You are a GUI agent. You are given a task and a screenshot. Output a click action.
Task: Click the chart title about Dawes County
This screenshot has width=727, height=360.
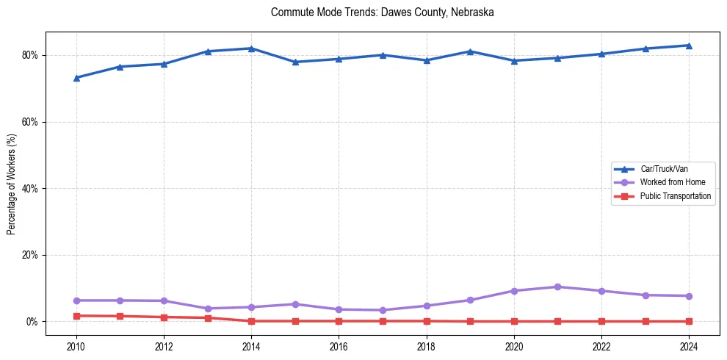pyautogui.click(x=382, y=12)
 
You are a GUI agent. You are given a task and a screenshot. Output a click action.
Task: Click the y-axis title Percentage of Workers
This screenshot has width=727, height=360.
pyautogui.click(x=12, y=184)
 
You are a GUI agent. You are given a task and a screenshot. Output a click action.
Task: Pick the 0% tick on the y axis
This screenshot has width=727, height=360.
pyautogui.click(x=32, y=322)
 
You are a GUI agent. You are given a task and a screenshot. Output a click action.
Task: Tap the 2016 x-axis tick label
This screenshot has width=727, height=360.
pyautogui.click(x=339, y=345)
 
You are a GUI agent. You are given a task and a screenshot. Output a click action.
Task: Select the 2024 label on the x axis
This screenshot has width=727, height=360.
pyautogui.click(x=689, y=345)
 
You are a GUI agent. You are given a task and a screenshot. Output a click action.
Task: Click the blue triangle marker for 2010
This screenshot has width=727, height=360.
pyautogui.click(x=76, y=78)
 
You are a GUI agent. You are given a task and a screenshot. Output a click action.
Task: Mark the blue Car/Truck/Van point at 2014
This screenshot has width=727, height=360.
pyautogui.click(x=251, y=48)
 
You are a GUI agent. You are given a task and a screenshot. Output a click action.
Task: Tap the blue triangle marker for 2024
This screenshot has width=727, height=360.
pyautogui.click(x=689, y=46)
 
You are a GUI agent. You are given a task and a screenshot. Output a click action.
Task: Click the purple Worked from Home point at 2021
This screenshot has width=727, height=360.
pyautogui.click(x=557, y=287)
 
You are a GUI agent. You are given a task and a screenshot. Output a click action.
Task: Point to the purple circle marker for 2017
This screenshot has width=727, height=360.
pyautogui.click(x=383, y=310)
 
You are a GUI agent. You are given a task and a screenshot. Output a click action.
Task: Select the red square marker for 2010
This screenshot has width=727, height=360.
pyautogui.click(x=76, y=316)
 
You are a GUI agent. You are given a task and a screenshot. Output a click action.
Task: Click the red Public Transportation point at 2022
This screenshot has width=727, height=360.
pyautogui.click(x=601, y=322)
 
